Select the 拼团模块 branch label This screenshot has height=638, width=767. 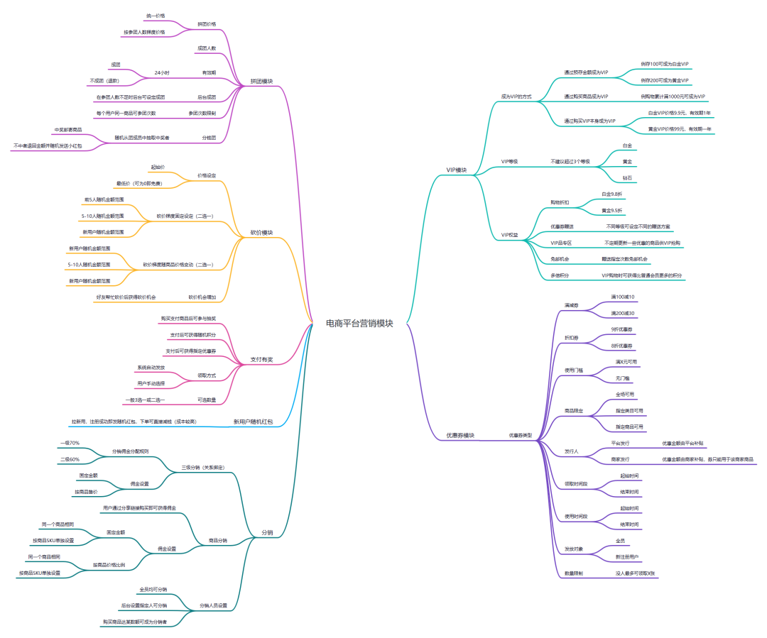coord(262,81)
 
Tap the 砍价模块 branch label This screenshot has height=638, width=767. coord(261,232)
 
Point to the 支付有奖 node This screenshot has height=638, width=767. coord(261,359)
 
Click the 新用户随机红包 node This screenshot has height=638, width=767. coord(254,422)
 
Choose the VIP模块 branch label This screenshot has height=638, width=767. coord(456,170)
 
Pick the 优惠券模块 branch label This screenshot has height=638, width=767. coord(460,435)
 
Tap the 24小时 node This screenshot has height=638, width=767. coord(161,72)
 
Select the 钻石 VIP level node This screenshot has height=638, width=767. coord(627,177)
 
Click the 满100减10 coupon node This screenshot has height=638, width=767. coord(623,297)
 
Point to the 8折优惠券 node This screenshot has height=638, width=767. coord(622,346)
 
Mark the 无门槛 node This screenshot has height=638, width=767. coord(622,378)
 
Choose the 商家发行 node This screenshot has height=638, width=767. coord(620,459)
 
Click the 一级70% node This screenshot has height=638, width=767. coord(70,443)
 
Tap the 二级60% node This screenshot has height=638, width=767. coord(70,459)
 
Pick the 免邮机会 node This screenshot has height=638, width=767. coord(560,259)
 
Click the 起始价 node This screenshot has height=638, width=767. coord(158,167)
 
